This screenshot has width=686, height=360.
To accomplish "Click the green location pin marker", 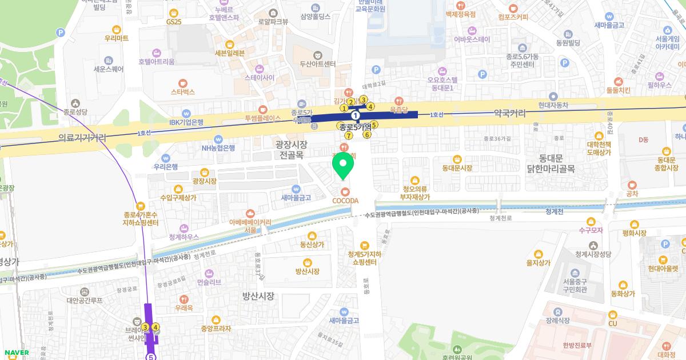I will coord(344,167).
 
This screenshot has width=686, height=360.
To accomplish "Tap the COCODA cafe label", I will coord(345,200).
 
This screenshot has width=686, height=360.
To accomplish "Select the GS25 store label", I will coord(174,21).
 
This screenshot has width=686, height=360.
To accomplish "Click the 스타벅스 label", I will coord(183,91).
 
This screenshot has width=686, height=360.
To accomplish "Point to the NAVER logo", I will coord(15,353).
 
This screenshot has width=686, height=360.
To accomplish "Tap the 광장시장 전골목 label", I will coord(292,149).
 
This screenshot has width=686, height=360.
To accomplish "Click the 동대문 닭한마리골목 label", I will coord(551,162).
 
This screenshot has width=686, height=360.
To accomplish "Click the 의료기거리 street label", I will coord(82,138).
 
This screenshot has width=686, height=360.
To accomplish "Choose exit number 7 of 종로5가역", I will coord(348,135).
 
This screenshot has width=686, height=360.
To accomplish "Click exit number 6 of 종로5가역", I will coord(367,135).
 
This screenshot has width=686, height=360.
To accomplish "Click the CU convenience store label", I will coord(612,323).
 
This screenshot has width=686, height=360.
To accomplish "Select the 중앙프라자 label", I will coord(216,328).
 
